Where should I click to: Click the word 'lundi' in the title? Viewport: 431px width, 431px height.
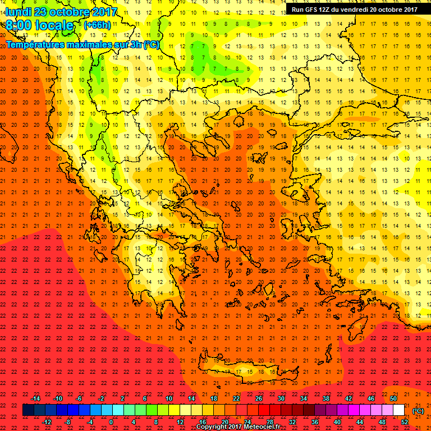19,12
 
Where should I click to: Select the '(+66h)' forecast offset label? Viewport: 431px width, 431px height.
97,25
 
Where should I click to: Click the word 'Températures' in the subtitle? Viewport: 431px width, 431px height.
35,44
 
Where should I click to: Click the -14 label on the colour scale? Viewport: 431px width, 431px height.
35,398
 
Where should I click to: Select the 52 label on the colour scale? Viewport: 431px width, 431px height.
404,422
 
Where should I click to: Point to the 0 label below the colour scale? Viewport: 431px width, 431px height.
111,422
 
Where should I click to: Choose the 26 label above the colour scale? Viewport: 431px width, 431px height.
258,398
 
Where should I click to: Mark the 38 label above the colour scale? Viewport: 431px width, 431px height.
325,398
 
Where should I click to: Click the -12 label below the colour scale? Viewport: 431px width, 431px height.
47,422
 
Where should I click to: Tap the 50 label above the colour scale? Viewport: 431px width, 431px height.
393,398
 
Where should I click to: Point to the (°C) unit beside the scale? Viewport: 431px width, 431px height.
418,411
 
